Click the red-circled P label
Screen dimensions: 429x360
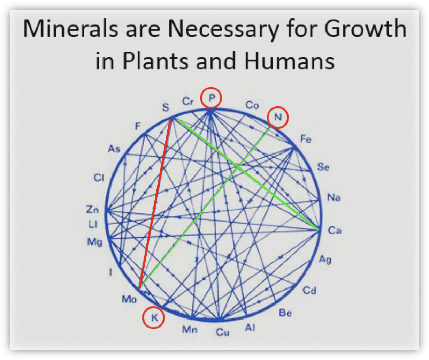click(212, 98)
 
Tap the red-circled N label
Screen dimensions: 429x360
click(278, 117)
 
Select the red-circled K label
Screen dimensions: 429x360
click(154, 318)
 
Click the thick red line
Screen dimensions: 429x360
click(155, 204)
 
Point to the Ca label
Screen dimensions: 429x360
click(335, 230)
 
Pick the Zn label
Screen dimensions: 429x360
click(92, 210)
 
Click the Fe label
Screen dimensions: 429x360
click(306, 139)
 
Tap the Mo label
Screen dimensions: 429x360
click(129, 299)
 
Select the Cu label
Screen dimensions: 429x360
click(222, 332)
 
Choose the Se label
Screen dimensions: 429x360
click(323, 167)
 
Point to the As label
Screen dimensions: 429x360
click(114, 149)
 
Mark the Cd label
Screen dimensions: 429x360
click(309, 291)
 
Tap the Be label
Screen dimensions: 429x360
click(285, 313)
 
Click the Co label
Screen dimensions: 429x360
click(252, 105)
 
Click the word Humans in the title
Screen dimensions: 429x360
click(290, 61)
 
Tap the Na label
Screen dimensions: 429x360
click(334, 198)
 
